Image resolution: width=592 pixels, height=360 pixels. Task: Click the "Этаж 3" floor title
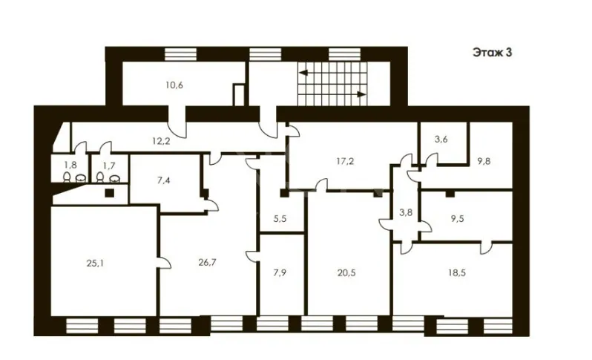click(x=493, y=53)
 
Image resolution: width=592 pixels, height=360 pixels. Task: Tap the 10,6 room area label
click(x=174, y=85)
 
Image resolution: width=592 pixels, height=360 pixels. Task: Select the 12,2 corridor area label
click(x=161, y=141)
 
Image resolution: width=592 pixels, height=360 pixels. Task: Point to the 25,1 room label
click(x=95, y=264)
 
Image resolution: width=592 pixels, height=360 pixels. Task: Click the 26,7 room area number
click(x=207, y=262)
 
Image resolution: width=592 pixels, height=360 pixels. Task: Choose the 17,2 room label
click(x=345, y=161)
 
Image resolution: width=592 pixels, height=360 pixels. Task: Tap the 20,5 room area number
click(x=346, y=272)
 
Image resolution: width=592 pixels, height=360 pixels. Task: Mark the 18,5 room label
click(x=457, y=272)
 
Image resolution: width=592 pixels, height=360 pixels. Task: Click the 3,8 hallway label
click(x=406, y=213)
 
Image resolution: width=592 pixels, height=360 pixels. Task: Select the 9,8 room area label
click(x=484, y=161)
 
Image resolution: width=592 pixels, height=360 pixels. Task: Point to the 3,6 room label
click(x=441, y=140)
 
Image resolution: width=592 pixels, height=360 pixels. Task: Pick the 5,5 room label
click(x=280, y=218)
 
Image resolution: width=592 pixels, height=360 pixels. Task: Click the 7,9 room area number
click(x=280, y=272)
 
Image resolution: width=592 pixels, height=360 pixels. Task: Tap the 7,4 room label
click(x=163, y=180)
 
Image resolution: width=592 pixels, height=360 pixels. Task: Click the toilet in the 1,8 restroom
click(x=67, y=177)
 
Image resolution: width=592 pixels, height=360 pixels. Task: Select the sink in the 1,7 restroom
click(x=114, y=178)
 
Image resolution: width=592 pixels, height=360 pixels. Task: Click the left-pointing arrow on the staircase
click(x=303, y=73)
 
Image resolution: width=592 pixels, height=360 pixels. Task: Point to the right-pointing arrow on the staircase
click(x=361, y=94)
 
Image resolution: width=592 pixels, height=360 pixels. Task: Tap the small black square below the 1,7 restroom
click(x=110, y=193)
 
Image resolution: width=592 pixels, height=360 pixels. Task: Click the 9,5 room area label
click(x=457, y=218)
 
